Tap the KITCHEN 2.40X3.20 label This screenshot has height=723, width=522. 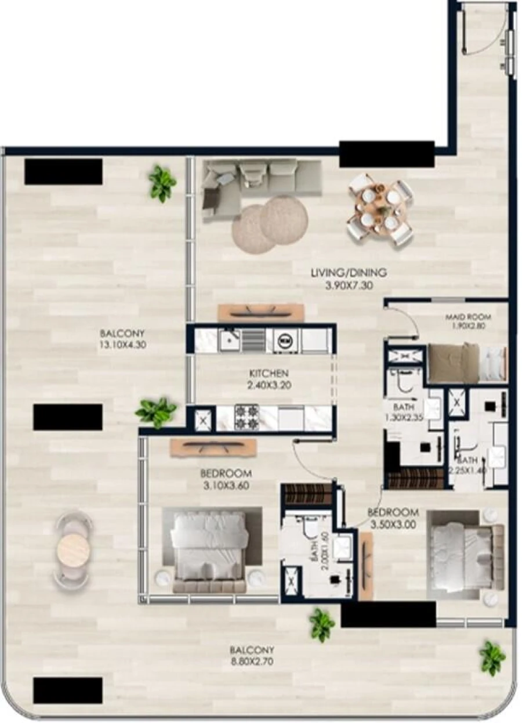coord(269,378)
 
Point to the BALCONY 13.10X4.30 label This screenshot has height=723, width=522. coord(122,339)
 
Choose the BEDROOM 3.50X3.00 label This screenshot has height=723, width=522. coord(393,518)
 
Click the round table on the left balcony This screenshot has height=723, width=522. coord(74,547)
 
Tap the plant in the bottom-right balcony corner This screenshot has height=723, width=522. coord(492,657)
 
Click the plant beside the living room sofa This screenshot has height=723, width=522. coord(162,183)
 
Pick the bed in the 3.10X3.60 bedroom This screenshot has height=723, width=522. coord(211,548)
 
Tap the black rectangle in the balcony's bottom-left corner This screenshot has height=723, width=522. coord(68,690)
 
